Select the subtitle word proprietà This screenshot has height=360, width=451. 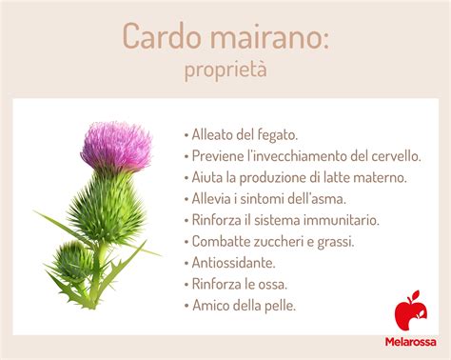pos(225,70)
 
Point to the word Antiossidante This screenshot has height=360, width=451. pos(234,262)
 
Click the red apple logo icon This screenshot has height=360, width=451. pos(410,313)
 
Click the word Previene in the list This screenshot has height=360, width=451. pos(218,155)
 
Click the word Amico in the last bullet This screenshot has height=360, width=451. pos(211,305)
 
